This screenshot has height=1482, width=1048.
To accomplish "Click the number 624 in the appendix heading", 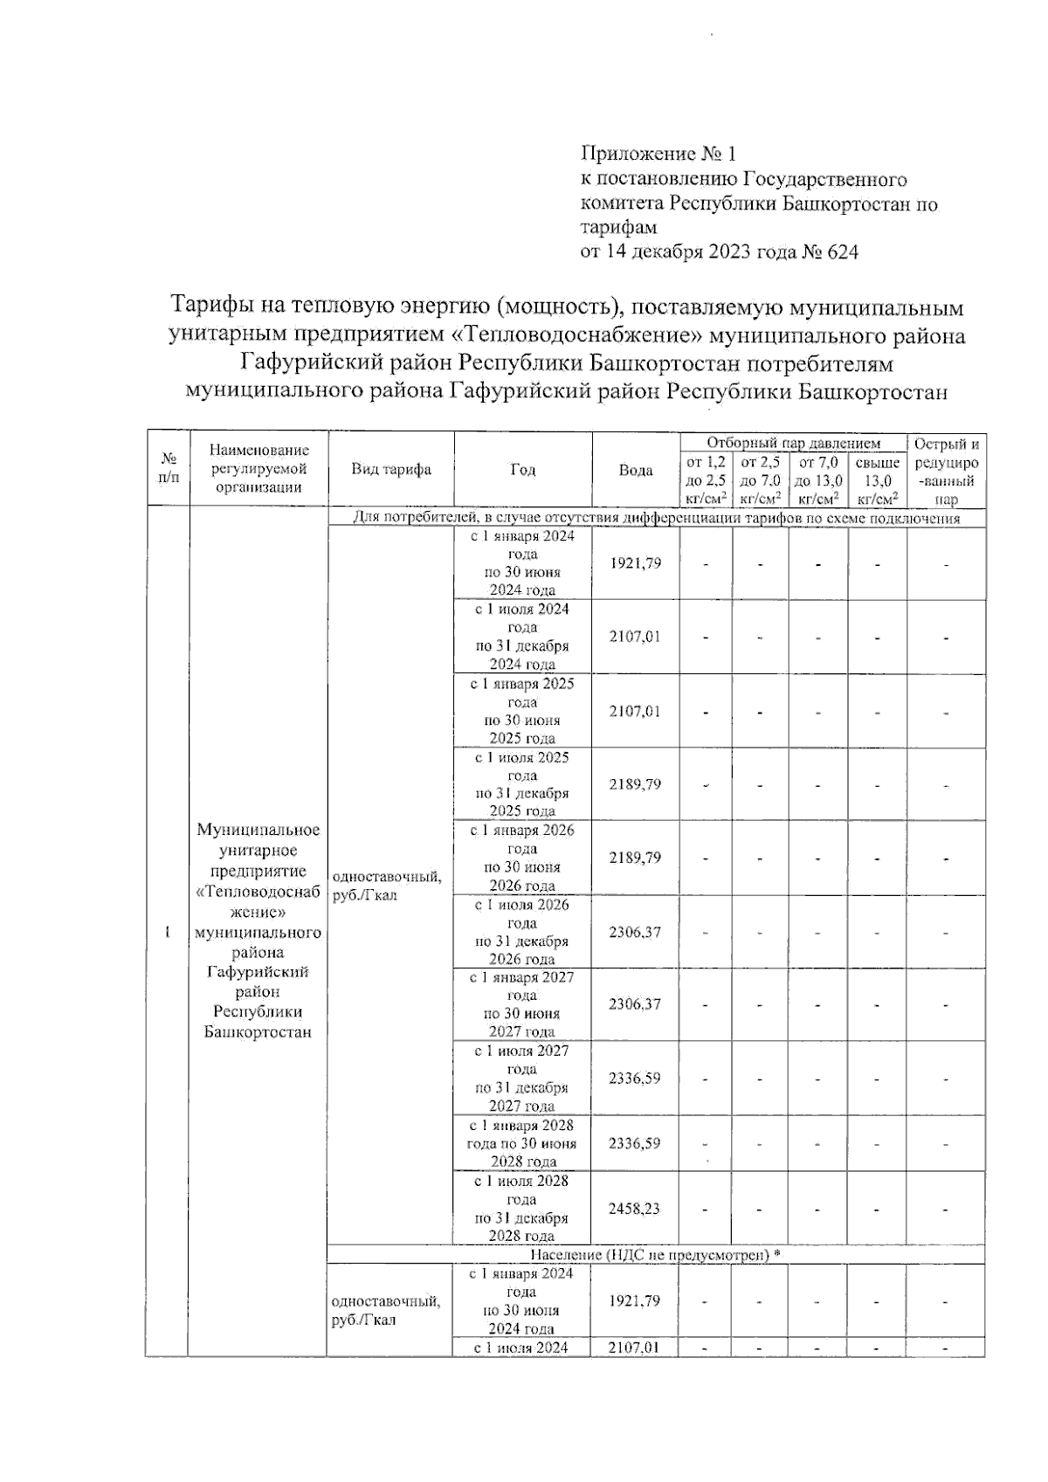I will tap(841, 252).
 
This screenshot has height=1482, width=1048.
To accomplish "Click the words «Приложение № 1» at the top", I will tap(659, 155).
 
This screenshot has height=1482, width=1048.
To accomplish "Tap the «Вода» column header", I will tap(635, 470).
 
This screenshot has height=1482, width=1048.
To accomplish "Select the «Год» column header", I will tap(522, 470).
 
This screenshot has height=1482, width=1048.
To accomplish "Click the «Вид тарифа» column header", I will tap(390, 469).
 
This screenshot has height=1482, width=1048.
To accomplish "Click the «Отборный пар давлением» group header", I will tap(793, 443).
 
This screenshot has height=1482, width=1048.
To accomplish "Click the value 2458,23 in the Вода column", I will tap(635, 1209).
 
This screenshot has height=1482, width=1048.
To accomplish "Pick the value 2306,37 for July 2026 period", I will tap(635, 932).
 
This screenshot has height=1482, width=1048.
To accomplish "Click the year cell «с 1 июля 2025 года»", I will tap(522, 784).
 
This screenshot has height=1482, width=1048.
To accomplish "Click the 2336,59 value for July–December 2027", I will tap(635, 1078).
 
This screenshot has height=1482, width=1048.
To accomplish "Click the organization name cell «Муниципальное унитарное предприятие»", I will tap(258, 931).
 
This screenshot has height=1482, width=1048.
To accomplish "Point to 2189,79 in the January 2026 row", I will tap(635, 858).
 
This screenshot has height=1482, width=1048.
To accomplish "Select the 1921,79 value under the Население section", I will tap(635, 1300).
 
